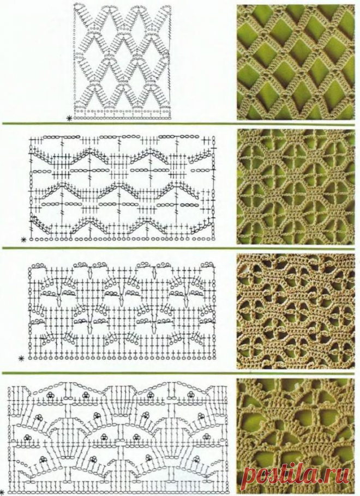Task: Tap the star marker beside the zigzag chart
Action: [23, 239]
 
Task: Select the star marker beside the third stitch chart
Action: [21, 359]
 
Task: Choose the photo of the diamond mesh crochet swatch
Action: [296, 62]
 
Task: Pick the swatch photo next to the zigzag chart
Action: [296, 186]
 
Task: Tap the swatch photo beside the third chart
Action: [296, 311]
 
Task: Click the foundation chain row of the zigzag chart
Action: [123, 239]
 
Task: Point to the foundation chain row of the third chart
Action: [123, 358]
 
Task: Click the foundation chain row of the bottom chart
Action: [117, 492]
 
